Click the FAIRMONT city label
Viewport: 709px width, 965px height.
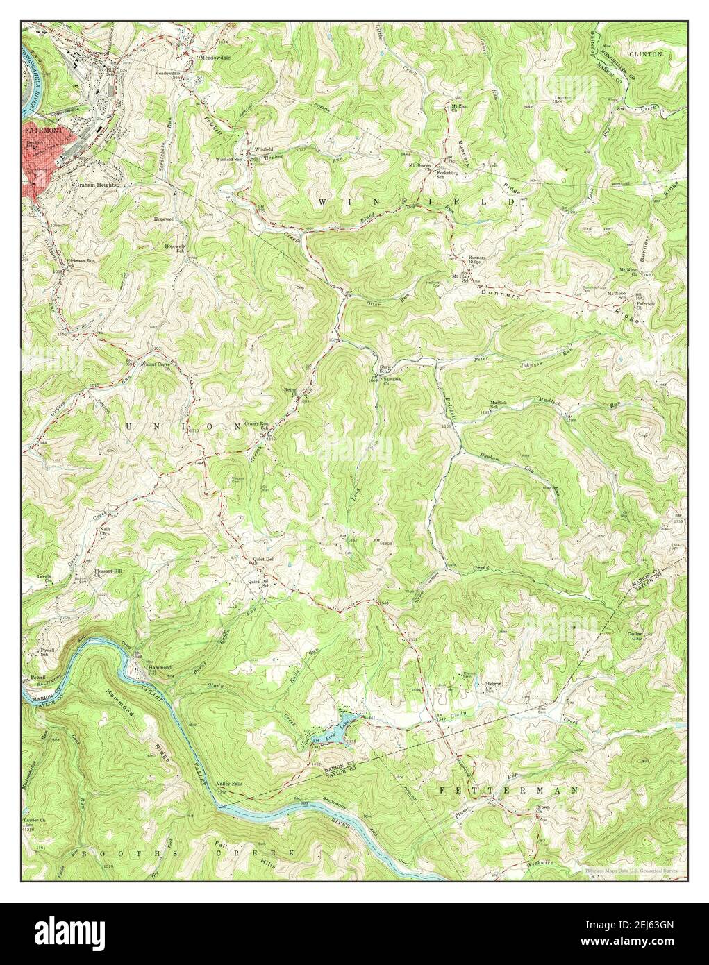click(41, 130)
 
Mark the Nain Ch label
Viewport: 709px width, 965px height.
click(106, 532)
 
